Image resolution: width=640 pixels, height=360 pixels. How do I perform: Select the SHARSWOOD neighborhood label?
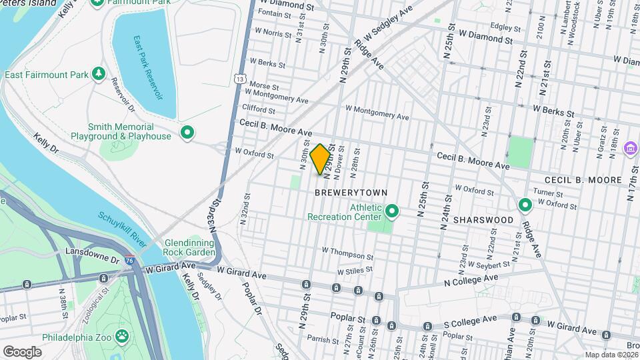pyautogui.click(x=483, y=219)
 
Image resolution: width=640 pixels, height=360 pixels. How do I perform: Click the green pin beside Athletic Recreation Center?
pyautogui.click(x=392, y=212)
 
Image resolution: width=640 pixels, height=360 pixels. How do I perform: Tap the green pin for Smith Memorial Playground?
pyautogui.click(x=188, y=132)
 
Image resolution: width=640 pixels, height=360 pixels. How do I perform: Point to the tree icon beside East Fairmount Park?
pyautogui.click(x=99, y=73)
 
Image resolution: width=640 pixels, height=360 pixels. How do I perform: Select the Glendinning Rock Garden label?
pyautogui.click(x=189, y=247)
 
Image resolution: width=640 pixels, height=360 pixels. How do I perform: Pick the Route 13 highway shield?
pyautogui.click(x=239, y=79)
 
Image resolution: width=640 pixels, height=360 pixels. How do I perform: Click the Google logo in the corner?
pyautogui.click(x=22, y=351)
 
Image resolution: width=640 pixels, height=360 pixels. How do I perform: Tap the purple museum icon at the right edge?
pyautogui.click(x=628, y=147)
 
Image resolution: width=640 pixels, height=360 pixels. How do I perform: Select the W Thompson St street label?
pyautogui.click(x=347, y=253)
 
